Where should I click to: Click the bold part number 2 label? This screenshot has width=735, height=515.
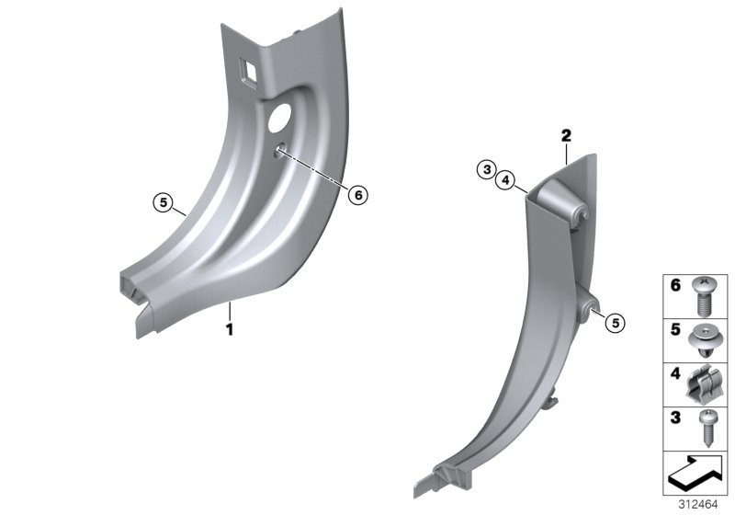point(566,136)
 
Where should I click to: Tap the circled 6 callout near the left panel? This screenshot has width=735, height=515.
point(358,194)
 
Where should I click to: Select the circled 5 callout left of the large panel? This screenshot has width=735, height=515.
point(163,202)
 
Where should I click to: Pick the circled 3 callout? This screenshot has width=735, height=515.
point(484,169)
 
